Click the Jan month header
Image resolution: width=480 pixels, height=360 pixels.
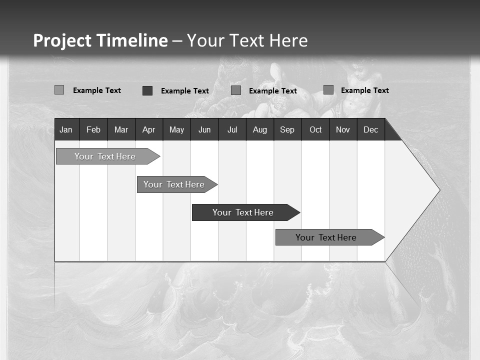(x=66, y=130)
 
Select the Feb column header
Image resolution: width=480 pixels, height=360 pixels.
(x=93, y=130)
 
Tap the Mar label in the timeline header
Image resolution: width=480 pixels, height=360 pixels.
(x=121, y=130)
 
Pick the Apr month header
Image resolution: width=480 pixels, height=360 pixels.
(x=148, y=130)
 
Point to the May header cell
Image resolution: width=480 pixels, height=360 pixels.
(x=176, y=130)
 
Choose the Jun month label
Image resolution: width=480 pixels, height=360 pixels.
(x=204, y=130)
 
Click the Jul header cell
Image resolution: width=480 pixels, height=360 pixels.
(x=232, y=130)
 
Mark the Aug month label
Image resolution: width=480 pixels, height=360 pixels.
(x=259, y=130)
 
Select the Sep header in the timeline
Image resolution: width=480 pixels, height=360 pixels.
(x=287, y=130)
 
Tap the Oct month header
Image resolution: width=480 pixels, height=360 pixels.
(x=315, y=130)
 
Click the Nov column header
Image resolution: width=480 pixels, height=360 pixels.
(x=343, y=130)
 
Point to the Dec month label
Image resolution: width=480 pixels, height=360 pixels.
(x=370, y=130)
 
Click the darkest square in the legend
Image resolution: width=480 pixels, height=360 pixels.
(x=147, y=90)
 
